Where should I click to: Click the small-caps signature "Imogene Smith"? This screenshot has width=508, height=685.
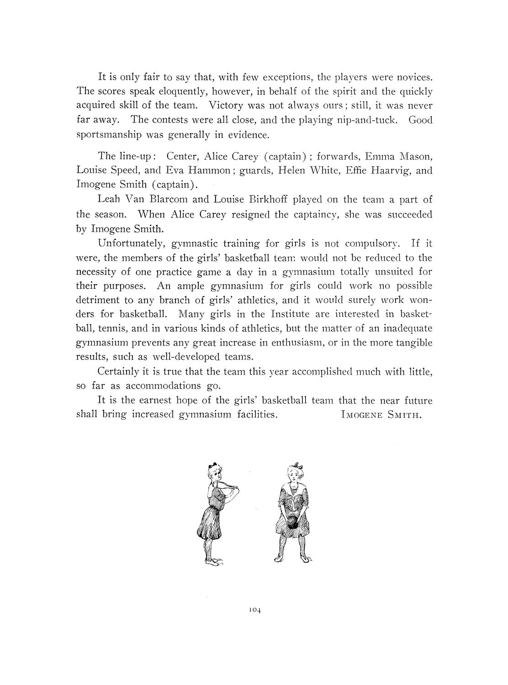coord(378,415)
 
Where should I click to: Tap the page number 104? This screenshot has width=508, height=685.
coord(254,609)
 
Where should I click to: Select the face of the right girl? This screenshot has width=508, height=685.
coord(292,478)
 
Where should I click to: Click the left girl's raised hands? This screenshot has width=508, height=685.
coord(233,487)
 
